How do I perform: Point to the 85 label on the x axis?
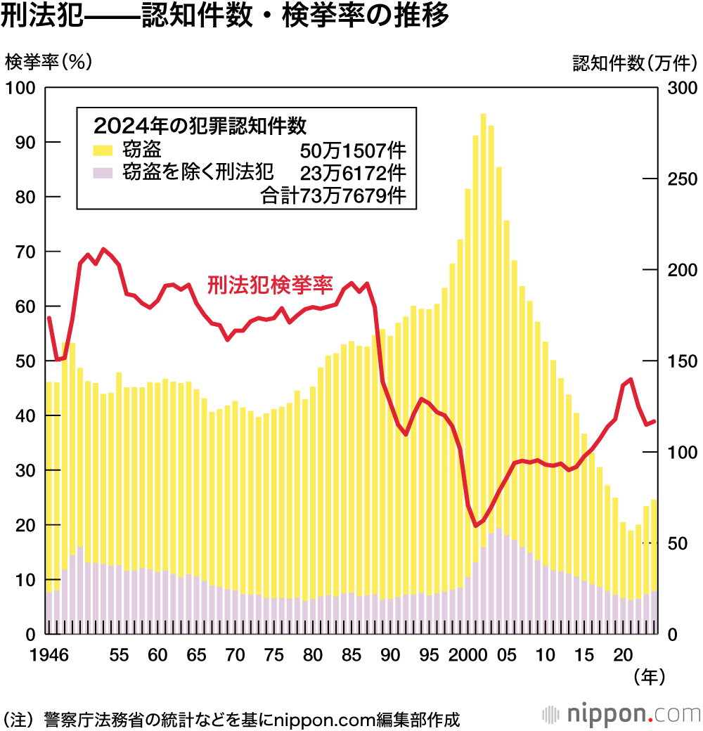[348, 655]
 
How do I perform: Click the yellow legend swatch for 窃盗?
[103, 150]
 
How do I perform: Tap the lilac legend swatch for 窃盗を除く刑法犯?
[103, 172]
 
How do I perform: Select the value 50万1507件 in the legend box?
[353, 150]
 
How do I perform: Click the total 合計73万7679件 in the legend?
[334, 195]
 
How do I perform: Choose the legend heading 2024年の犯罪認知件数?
[200, 126]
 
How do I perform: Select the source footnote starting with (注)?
[232, 720]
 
